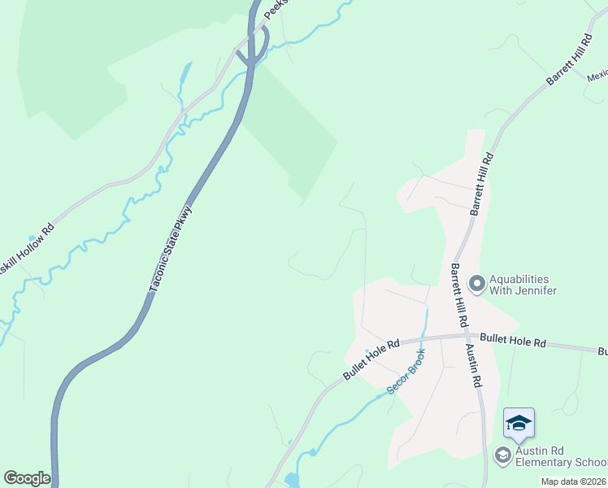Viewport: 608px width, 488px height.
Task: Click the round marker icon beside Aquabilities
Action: (477, 284)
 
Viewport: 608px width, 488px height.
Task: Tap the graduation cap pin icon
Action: (519, 423)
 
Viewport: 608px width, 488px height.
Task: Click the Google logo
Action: (27, 478)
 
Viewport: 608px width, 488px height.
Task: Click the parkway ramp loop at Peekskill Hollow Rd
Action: (254, 49)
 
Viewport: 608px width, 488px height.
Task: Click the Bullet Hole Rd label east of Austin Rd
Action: (511, 339)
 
